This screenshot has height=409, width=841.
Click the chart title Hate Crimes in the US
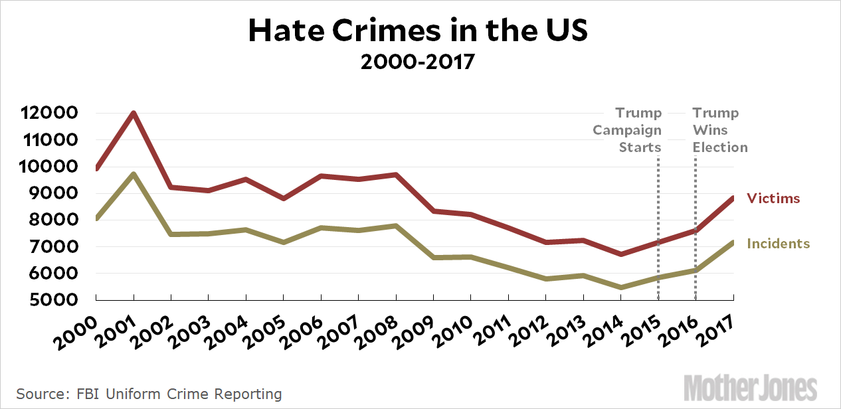pos(418,31)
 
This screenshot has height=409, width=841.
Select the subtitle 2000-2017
pos(418,62)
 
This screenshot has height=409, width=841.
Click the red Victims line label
pos(773,199)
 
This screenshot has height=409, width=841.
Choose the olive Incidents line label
pos(779,244)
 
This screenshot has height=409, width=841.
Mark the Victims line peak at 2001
pos(134,114)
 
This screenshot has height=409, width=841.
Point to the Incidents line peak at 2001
pos(134,175)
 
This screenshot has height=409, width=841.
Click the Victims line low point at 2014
pos(620,254)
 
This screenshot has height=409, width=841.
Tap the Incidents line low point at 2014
pos(620,287)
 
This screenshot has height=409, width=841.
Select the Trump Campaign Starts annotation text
pos(628,130)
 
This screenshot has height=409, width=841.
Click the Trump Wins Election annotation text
pos(720,130)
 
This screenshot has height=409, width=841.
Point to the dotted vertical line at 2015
pos(658,226)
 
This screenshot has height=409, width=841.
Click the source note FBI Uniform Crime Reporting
pos(149,394)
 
